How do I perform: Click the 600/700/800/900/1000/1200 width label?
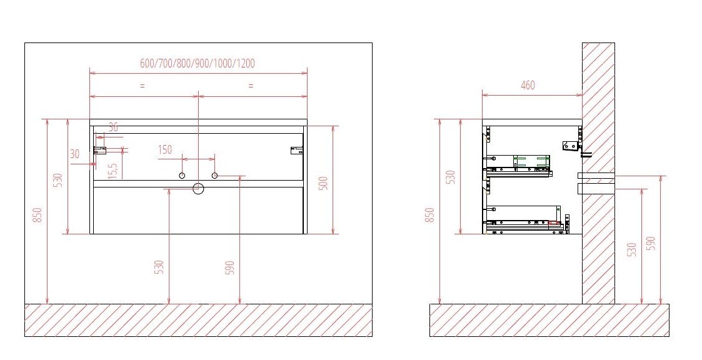(x=197, y=63)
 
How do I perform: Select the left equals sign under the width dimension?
(x=142, y=86)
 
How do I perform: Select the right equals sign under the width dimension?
(x=251, y=86)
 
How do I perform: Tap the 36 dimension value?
(x=113, y=127)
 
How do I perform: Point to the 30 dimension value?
(x=75, y=154)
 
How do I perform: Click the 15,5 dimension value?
(x=113, y=171)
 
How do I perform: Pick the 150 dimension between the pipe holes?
(x=164, y=149)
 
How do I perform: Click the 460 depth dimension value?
(x=528, y=85)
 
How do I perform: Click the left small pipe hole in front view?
(x=182, y=175)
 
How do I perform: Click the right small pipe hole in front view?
(x=214, y=175)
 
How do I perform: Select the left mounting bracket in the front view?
(x=100, y=150)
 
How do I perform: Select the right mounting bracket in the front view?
(x=296, y=150)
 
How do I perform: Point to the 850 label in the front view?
(x=38, y=215)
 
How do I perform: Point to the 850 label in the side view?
(x=429, y=216)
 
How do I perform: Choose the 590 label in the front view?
(x=229, y=267)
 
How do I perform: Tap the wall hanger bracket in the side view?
(x=570, y=146)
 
